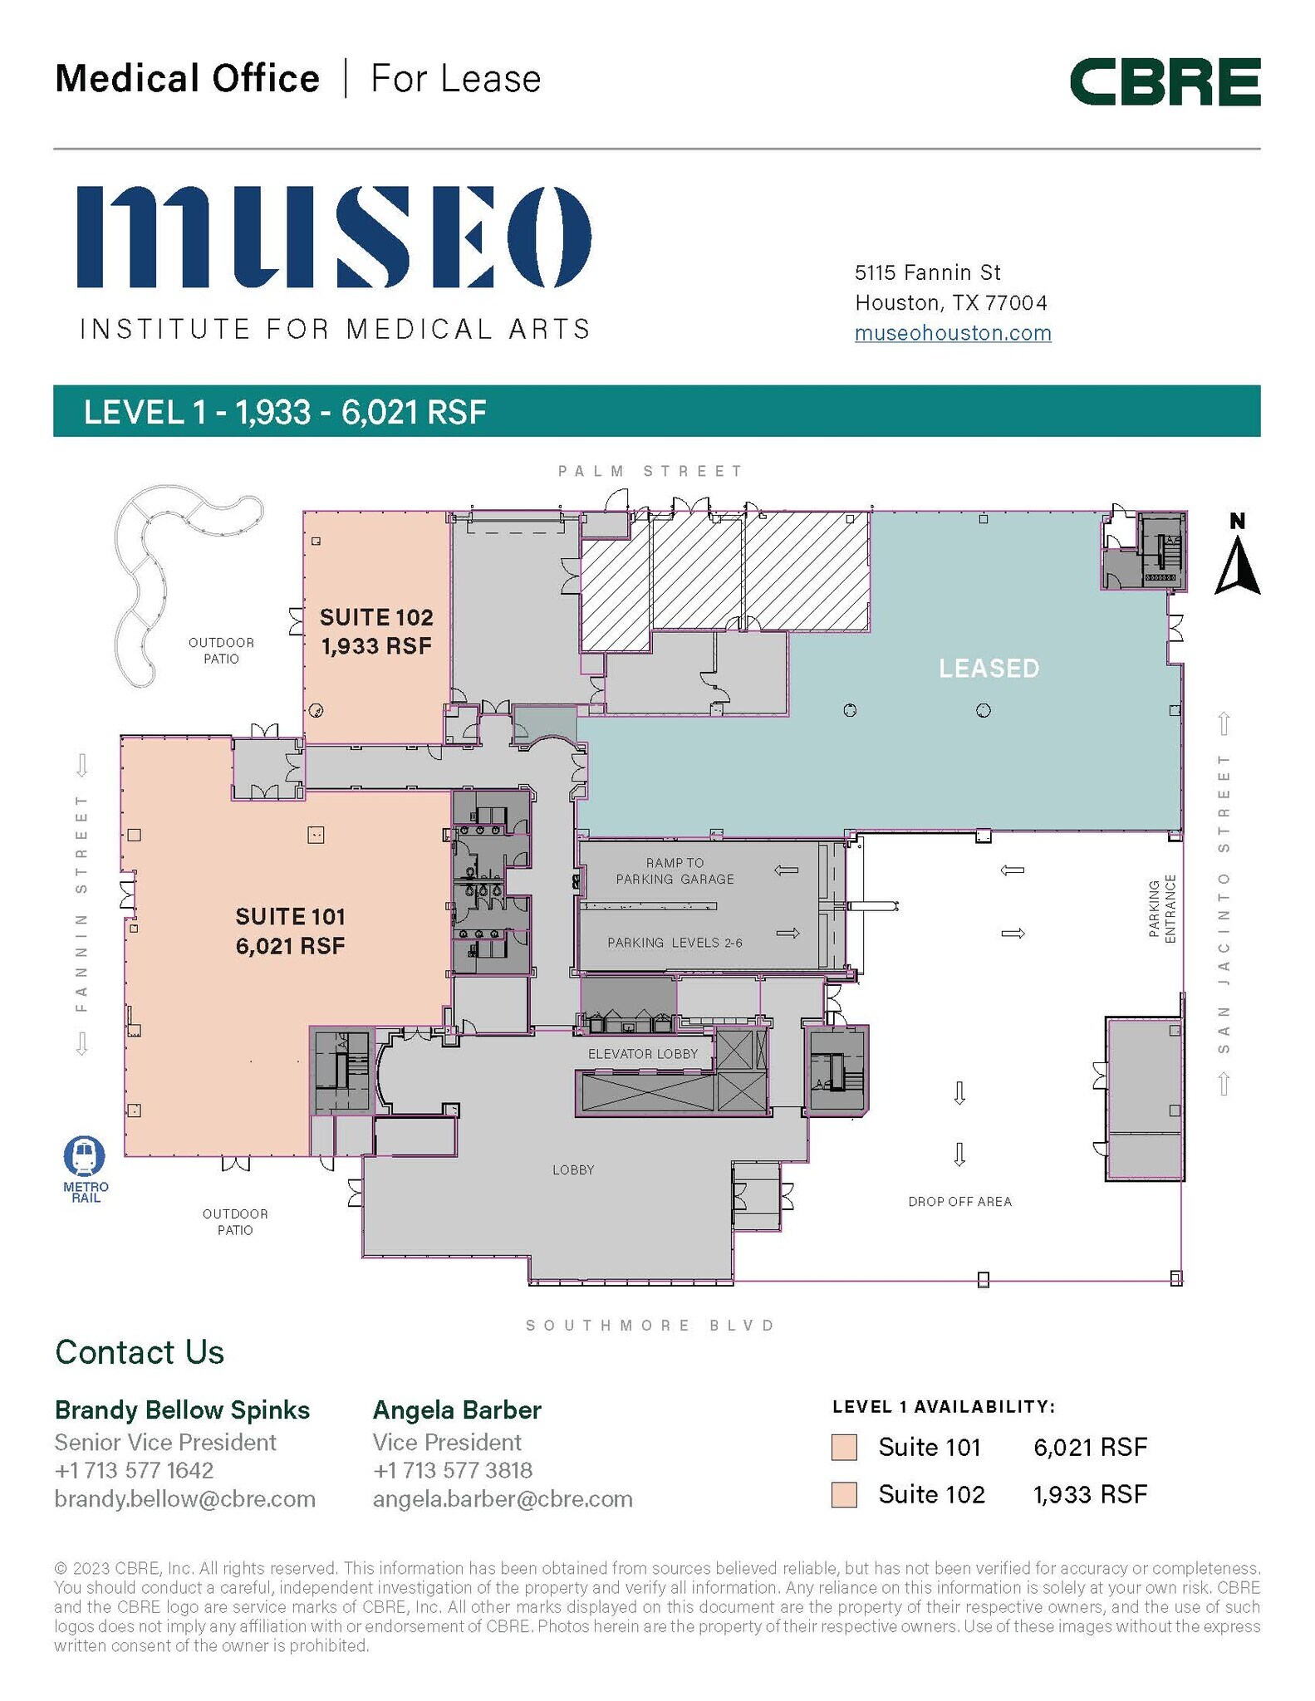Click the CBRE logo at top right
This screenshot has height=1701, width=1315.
(x=1165, y=81)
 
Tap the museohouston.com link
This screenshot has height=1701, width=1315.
(x=953, y=333)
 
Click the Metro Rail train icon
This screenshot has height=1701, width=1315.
(x=85, y=1156)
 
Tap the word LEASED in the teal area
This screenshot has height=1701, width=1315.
(x=989, y=669)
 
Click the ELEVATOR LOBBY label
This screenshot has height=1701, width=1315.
(x=643, y=1054)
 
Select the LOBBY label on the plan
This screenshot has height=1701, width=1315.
(x=573, y=1169)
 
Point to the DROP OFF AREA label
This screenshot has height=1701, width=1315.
(x=959, y=1201)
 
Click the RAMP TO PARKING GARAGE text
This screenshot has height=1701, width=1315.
(x=675, y=870)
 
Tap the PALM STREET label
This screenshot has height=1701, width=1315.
(x=650, y=471)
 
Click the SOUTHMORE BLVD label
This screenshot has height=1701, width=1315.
(x=650, y=1325)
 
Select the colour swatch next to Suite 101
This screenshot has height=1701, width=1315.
(x=844, y=1447)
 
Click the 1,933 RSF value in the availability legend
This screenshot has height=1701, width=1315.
(x=1090, y=1494)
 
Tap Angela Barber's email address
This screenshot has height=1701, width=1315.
(x=503, y=1498)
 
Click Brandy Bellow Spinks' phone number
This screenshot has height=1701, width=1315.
(x=134, y=1470)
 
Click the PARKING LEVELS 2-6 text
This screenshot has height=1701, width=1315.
(x=675, y=942)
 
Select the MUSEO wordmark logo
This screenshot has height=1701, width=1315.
(x=334, y=237)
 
